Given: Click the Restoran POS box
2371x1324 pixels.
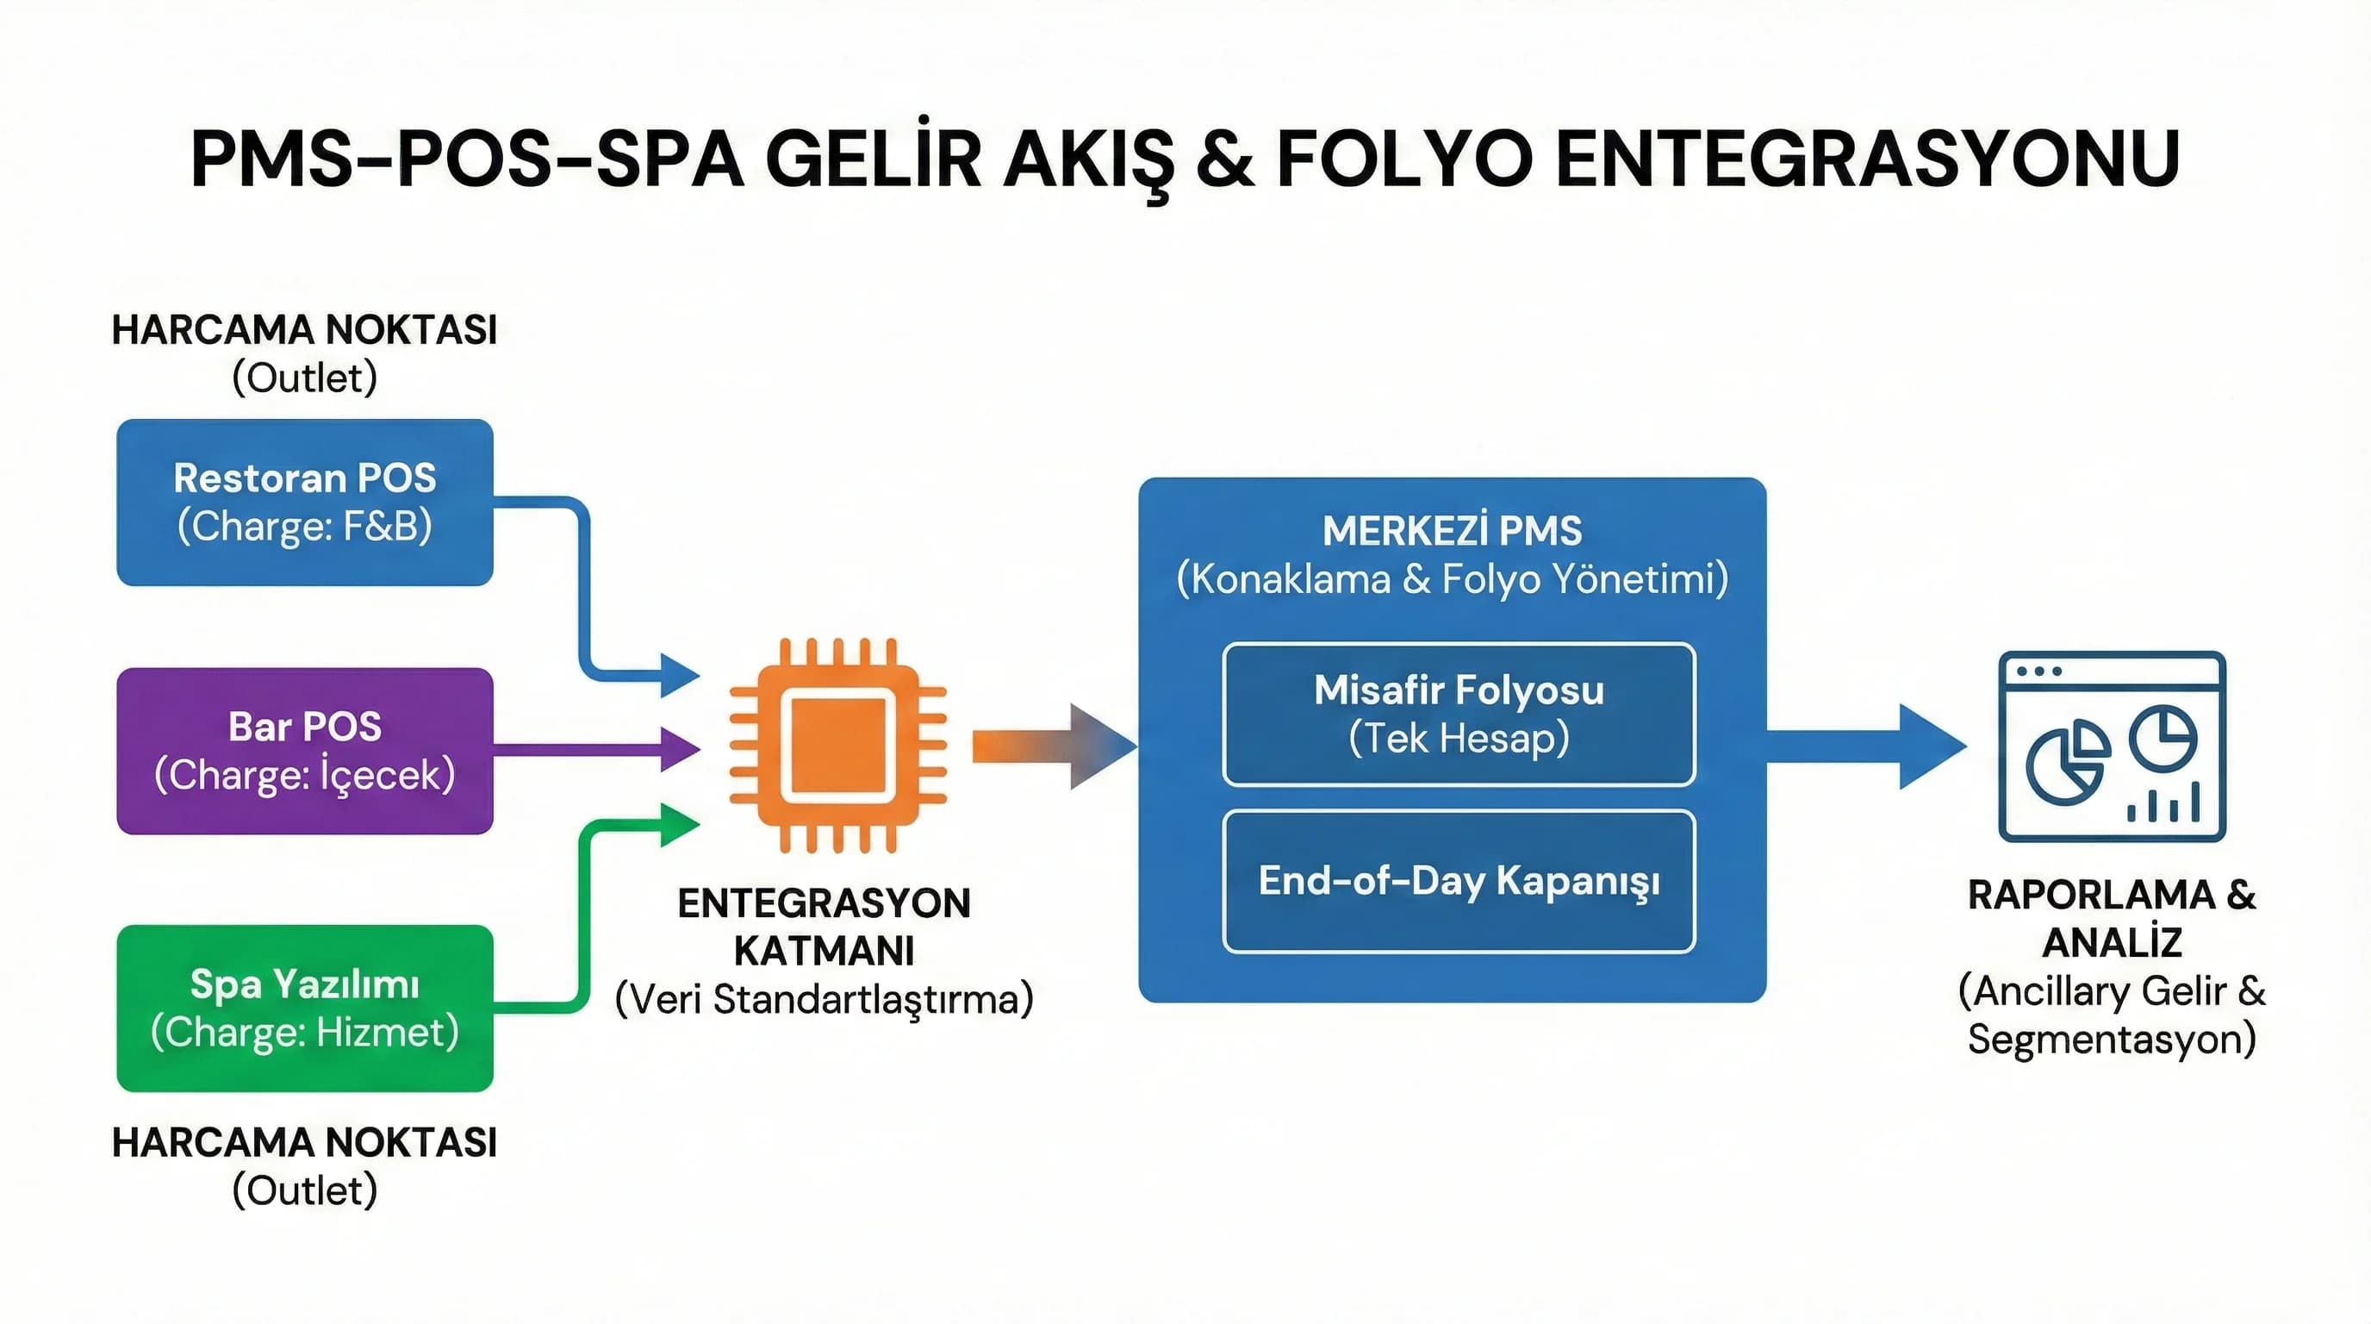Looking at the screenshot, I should [x=305, y=502].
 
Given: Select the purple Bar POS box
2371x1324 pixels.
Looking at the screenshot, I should [x=305, y=751].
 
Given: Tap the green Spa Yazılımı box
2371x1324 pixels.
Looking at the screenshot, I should [x=305, y=1008].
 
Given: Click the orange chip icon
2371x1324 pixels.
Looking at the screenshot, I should [x=837, y=745].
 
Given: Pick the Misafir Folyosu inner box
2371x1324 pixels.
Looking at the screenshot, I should [x=1458, y=714].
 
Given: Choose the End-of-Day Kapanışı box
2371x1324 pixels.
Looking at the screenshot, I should [x=1458, y=880].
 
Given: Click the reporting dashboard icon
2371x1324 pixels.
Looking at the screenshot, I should [x=2112, y=746].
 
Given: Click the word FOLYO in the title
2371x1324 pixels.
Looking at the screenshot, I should [x=1403, y=159].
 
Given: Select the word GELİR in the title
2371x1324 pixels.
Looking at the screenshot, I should [x=874, y=159].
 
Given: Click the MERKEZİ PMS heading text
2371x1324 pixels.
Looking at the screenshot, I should [x=1452, y=530].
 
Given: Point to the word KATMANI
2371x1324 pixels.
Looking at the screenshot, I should [x=824, y=950].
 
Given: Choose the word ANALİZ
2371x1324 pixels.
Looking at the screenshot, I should [x=2112, y=942].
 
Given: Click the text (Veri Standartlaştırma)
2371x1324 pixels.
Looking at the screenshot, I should [x=824, y=999].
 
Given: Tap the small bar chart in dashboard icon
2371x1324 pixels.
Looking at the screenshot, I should [x=2163, y=802].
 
